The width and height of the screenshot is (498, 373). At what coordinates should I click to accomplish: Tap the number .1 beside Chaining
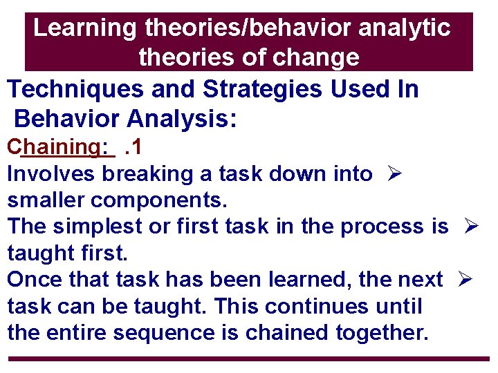click(x=132, y=147)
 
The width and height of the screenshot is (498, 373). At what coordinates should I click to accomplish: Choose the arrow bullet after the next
click(x=464, y=280)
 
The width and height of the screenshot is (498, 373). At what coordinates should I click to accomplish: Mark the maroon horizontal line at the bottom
click(x=249, y=358)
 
